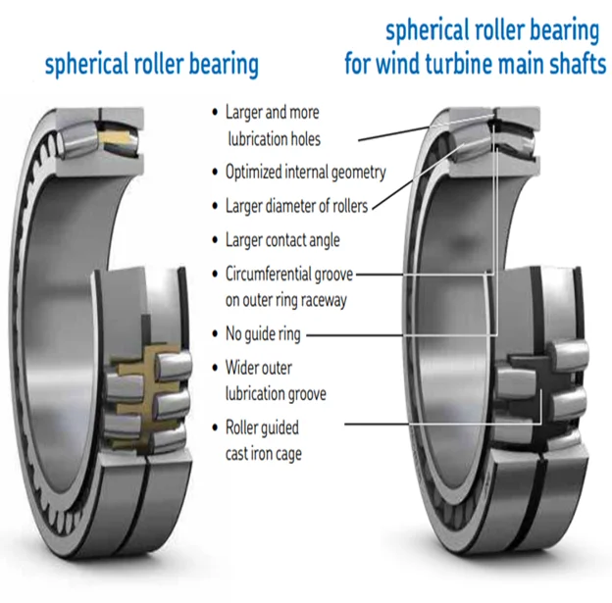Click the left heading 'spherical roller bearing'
[x=152, y=65]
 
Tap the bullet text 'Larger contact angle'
[x=282, y=240]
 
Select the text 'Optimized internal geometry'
[x=306, y=173]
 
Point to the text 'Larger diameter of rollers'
[x=296, y=206]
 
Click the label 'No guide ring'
[x=263, y=334]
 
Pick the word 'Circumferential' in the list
[x=268, y=275]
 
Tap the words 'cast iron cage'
[x=264, y=454]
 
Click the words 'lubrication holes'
[x=275, y=139]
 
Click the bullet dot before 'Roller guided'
[x=215, y=427]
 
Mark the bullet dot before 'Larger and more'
[x=215, y=113]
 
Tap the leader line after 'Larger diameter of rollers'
[x=419, y=176]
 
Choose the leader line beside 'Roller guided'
[x=443, y=424]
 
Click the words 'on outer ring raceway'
[x=286, y=301]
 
